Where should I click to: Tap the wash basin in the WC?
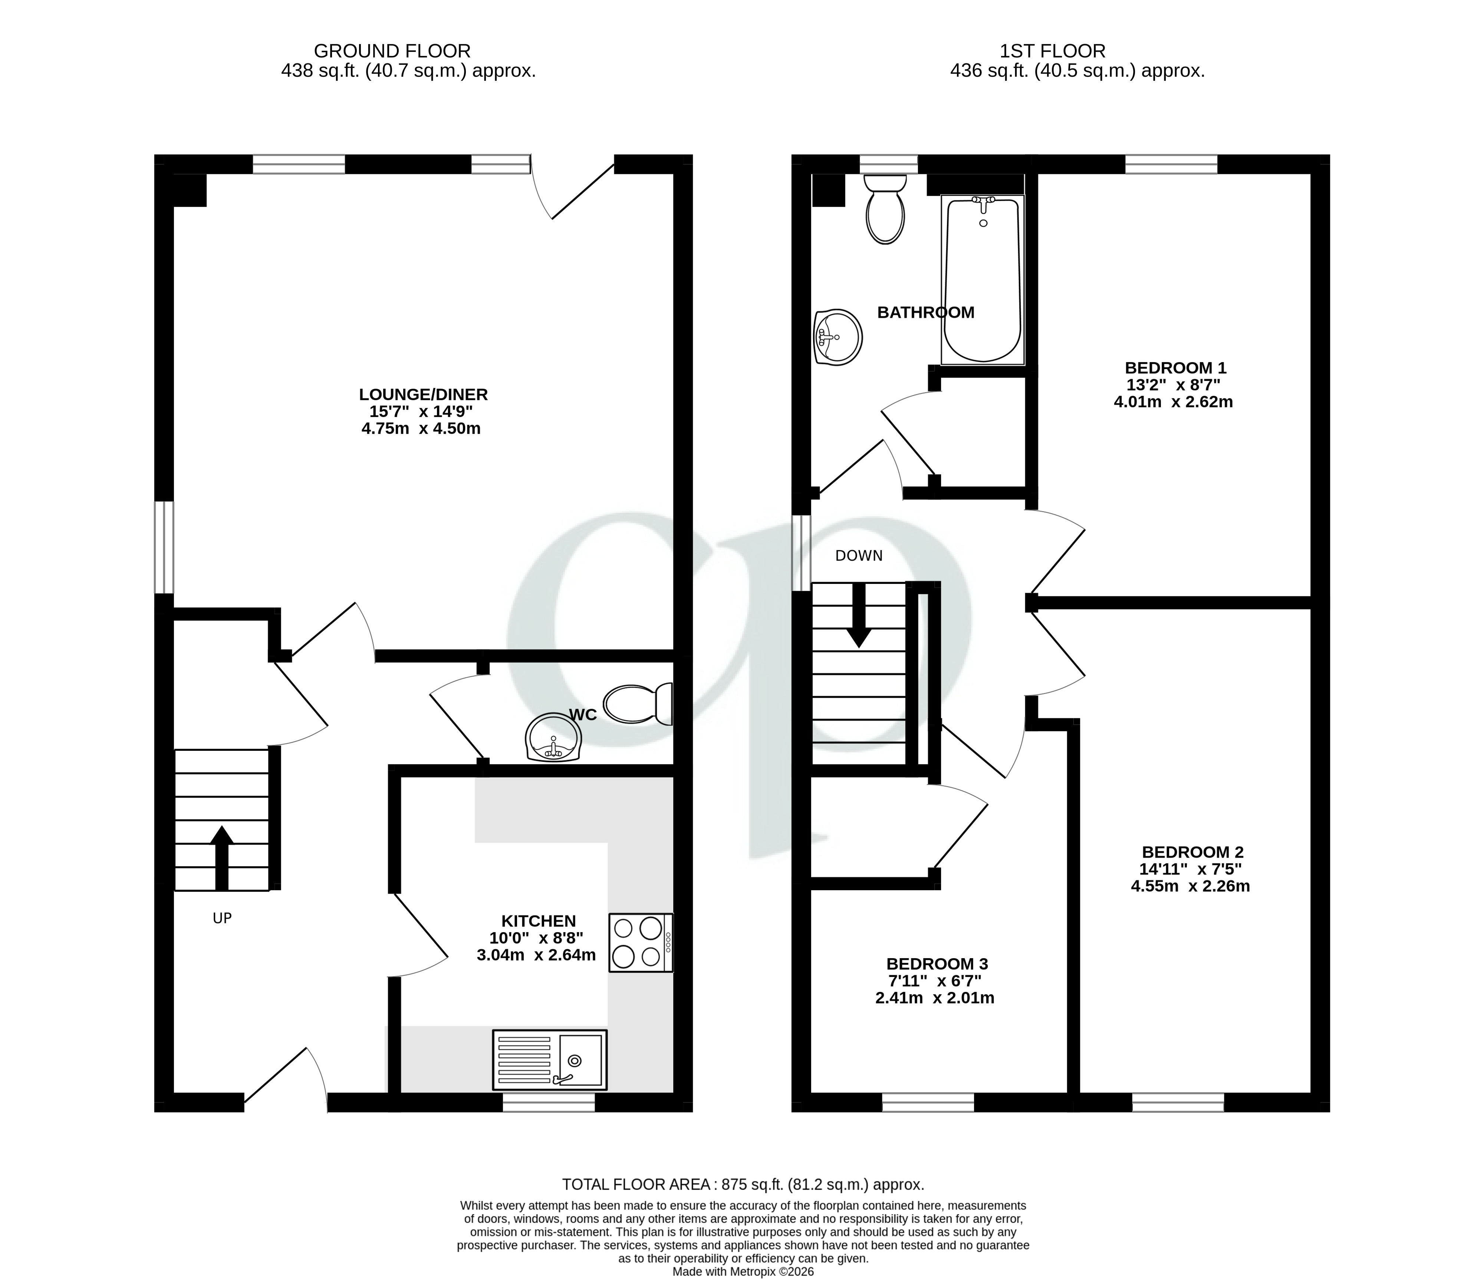pos(552,737)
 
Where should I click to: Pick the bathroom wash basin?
pos(838,336)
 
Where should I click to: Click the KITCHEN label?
pos(538,921)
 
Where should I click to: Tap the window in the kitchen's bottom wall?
pos(549,1103)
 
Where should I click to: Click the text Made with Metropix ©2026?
pos(743,1271)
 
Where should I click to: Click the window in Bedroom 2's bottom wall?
pos(1178,1103)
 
